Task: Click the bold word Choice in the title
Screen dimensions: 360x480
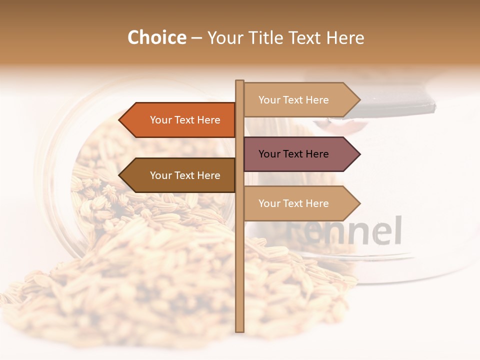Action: tap(156, 38)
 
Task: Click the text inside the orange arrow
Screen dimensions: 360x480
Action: tap(185, 120)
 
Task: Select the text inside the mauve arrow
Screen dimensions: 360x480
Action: tap(293, 154)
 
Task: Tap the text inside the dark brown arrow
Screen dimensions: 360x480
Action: tap(185, 175)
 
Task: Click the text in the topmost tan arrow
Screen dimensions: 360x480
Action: tap(293, 100)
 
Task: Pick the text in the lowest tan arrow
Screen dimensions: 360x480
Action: tap(293, 203)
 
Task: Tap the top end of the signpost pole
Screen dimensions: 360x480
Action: tap(239, 82)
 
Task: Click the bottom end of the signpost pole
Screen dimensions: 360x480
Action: tap(239, 330)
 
